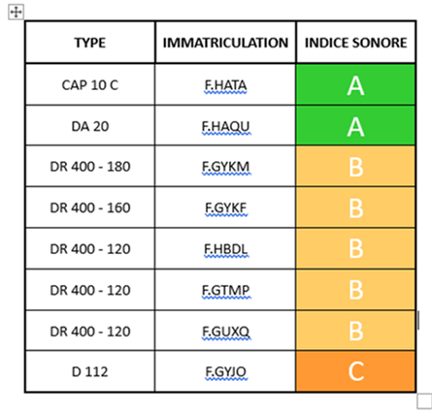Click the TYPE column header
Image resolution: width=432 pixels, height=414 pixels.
[x=90, y=43]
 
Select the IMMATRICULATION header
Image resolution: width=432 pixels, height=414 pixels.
[x=225, y=43]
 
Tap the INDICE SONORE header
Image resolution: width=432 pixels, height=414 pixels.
[x=356, y=43]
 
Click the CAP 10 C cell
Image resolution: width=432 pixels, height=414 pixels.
[x=90, y=85]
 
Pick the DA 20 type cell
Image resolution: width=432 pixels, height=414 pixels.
[x=90, y=126]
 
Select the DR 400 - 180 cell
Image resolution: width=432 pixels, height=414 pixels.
[x=90, y=167]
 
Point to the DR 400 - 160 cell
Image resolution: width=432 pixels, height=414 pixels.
[x=90, y=207]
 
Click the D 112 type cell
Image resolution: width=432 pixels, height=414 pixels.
[x=90, y=371]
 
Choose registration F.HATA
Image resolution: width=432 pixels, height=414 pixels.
[x=225, y=85]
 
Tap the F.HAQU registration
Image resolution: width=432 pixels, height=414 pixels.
[x=225, y=126]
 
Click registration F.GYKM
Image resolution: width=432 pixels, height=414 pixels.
[x=225, y=167]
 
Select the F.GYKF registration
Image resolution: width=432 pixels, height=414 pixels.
[x=225, y=208]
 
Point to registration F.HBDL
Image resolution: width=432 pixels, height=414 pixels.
[x=225, y=249]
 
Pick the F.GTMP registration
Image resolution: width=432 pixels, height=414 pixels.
[x=225, y=290]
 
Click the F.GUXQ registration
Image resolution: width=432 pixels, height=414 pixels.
[x=225, y=332]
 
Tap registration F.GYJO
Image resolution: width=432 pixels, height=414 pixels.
[x=225, y=372]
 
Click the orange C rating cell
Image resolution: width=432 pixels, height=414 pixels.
[x=356, y=371]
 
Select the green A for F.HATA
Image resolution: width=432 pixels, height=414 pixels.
[x=356, y=84]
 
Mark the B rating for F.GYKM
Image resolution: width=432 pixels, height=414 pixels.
[x=356, y=166]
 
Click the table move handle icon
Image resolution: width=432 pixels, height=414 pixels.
[x=16, y=13]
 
